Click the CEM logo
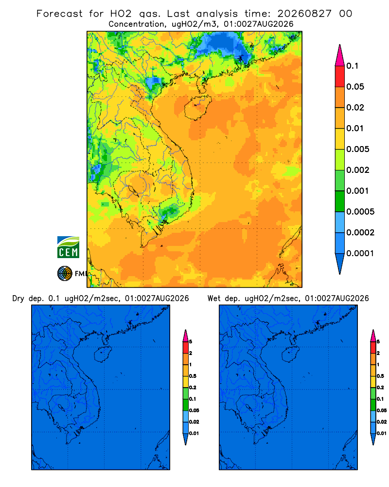pos(68,247)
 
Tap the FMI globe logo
pos(65,273)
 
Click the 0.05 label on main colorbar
pos(355,87)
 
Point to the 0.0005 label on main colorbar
pos(360,211)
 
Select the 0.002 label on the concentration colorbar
pos(358,170)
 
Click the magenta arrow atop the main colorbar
pos(340,55)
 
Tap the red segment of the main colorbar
pos(340,76)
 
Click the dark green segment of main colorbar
pos(340,201)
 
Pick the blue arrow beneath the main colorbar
pos(340,263)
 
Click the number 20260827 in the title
pos(304,14)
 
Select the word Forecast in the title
pos(59,14)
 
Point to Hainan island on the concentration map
pos(197,108)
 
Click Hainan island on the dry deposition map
pos(103,355)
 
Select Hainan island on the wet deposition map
pos(290,355)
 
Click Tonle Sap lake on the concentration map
pos(133,190)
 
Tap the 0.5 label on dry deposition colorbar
pos(193,376)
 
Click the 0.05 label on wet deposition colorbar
pos(382,410)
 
